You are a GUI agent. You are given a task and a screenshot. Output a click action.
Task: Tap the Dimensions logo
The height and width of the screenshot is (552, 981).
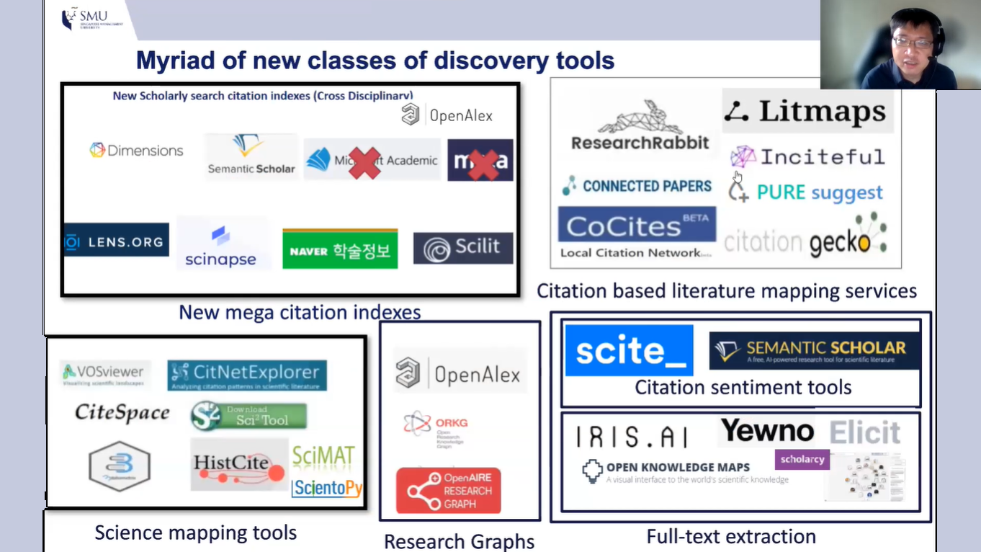tap(136, 151)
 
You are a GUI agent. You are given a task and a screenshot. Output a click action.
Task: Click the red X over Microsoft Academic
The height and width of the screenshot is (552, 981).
tap(364, 162)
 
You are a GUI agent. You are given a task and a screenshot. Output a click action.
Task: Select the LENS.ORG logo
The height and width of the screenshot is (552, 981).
tap(116, 241)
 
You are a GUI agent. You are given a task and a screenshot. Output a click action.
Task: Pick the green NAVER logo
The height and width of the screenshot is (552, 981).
tap(339, 249)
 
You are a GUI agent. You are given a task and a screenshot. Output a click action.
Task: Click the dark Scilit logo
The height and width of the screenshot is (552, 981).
tap(462, 249)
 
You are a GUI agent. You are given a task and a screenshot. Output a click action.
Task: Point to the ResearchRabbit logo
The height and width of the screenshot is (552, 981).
tap(640, 127)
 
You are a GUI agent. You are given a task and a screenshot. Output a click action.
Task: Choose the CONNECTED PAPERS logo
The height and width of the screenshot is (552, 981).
tap(637, 186)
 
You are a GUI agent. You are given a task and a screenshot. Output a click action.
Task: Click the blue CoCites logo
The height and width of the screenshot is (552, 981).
tap(637, 226)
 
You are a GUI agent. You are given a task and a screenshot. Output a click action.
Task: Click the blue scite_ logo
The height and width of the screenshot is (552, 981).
tap(629, 350)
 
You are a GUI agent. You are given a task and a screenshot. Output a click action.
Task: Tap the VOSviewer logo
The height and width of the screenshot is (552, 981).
tap(104, 373)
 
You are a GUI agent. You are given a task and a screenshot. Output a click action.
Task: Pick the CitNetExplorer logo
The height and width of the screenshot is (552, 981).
tap(247, 374)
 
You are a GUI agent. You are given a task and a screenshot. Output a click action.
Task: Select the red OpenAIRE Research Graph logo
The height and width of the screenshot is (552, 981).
tap(448, 491)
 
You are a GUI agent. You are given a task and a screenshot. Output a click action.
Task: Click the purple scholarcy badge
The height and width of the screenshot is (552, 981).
tap(802, 459)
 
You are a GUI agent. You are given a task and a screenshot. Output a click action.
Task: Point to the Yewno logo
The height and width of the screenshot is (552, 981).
tap(767, 432)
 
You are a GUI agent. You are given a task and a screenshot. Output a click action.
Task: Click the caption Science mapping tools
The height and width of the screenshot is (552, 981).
tap(196, 533)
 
